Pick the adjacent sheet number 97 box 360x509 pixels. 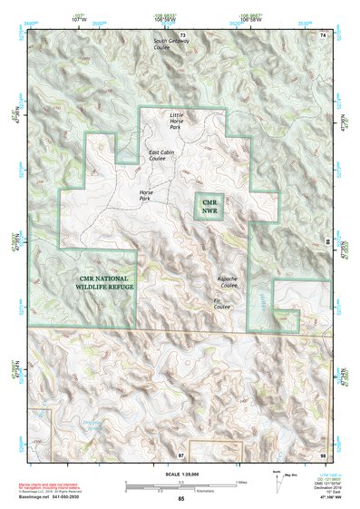(x=181, y=453)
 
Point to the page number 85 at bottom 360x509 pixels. (x=180, y=498)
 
